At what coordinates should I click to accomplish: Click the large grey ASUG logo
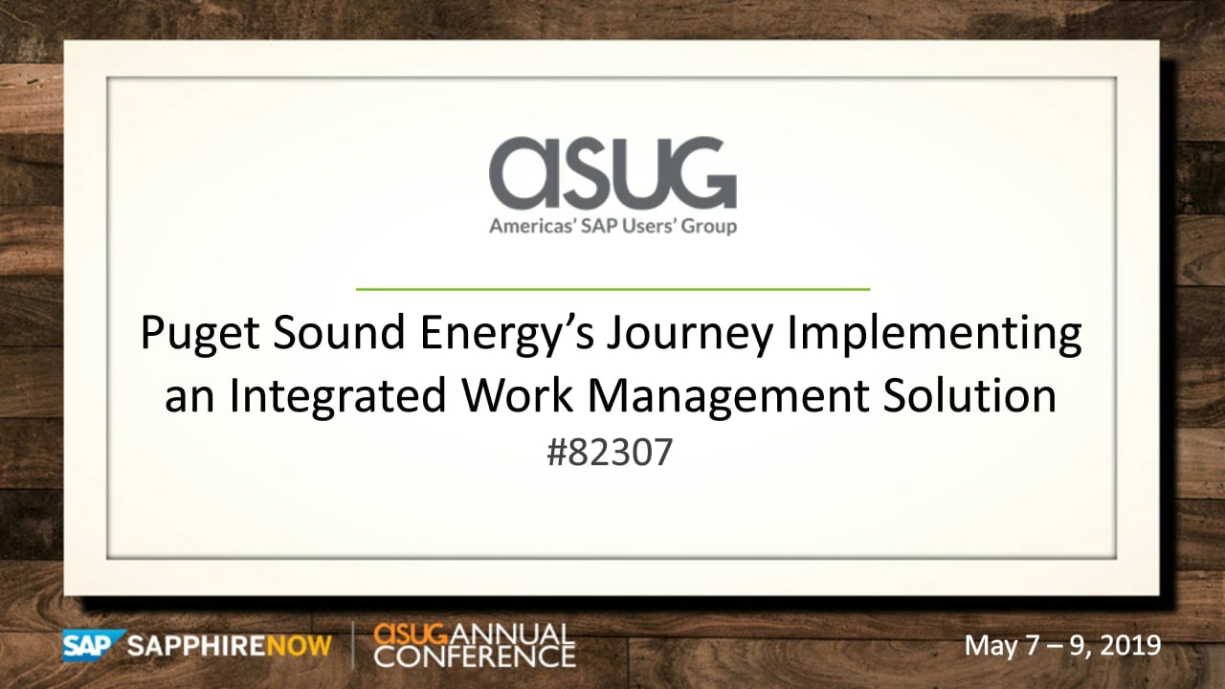coord(612,173)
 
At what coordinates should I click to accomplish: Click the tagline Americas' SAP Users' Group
coord(612,226)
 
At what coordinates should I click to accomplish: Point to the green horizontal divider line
coord(612,289)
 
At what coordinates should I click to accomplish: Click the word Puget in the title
coord(200,335)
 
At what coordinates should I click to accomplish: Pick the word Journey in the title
coord(690,335)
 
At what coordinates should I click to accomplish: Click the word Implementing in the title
coord(934,335)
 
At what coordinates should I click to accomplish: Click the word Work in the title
coord(518,395)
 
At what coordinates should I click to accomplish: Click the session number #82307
coord(610,453)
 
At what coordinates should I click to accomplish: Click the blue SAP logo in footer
coord(93,645)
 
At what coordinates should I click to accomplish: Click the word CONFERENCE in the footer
coord(475,656)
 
